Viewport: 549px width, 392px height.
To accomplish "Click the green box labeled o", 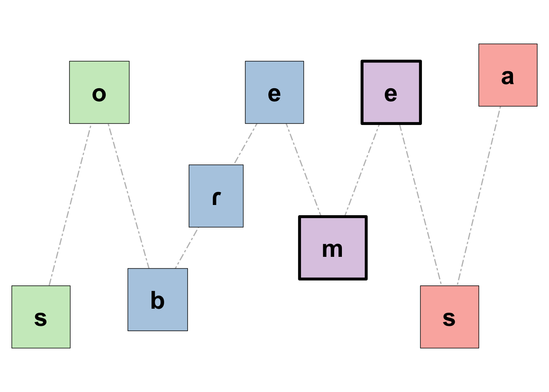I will click(99, 92).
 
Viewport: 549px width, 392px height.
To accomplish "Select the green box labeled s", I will click(41, 317).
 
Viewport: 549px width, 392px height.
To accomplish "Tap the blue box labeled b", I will click(158, 299).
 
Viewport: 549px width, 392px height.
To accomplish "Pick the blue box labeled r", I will click(216, 196).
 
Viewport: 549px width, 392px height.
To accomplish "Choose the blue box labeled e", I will click(274, 92).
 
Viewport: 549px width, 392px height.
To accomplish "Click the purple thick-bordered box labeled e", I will click(391, 92).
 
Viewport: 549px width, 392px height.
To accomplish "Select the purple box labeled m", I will click(333, 248).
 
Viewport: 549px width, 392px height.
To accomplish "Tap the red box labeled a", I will click(508, 75).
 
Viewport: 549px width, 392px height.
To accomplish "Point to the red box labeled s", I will click(449, 317).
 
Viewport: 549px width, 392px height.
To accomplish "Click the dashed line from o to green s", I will click(70, 205).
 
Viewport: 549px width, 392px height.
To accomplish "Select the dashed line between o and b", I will click(129, 196).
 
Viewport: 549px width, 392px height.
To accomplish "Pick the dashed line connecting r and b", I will click(187, 248).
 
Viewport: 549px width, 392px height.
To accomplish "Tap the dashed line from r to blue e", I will click(245, 144).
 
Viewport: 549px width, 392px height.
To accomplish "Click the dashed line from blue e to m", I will click(304, 169).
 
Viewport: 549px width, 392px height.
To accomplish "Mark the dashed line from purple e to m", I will click(362, 170).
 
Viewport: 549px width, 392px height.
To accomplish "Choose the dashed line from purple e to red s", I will click(420, 204).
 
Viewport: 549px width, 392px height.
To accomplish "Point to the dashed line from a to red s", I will click(479, 196).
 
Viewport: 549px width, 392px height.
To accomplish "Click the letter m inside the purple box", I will click(333, 249).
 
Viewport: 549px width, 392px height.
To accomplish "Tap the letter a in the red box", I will click(508, 77).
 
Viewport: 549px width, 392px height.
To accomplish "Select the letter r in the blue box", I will click(216, 198).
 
